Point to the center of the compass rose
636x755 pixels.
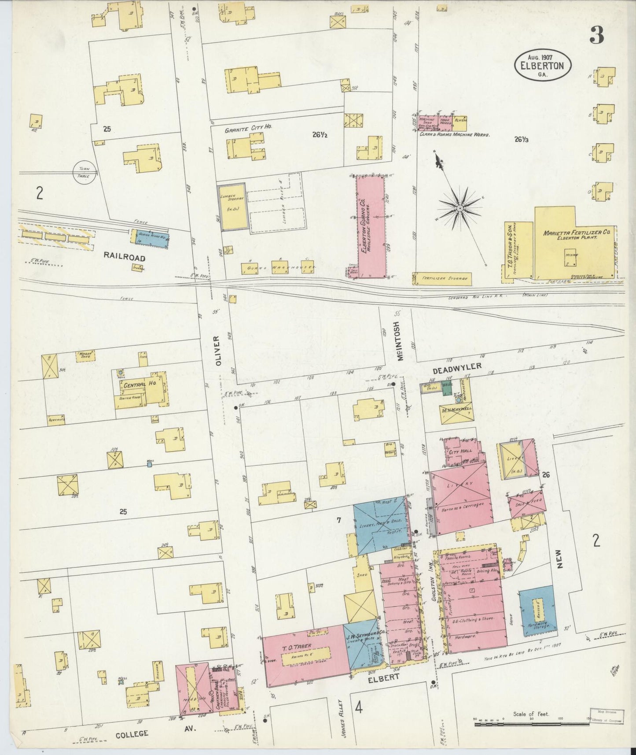tap(460, 207)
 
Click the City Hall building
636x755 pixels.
tap(460, 452)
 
